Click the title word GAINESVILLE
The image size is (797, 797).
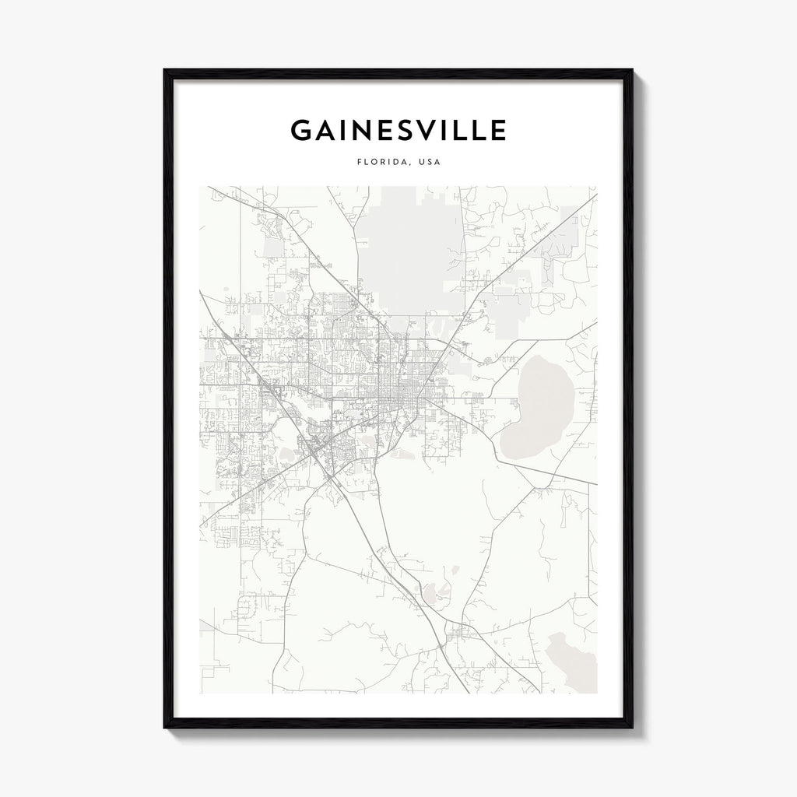[x=398, y=130]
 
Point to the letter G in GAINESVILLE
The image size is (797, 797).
[x=302, y=130]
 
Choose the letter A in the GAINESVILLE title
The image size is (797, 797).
[x=325, y=130]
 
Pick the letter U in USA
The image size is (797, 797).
[x=422, y=163]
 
